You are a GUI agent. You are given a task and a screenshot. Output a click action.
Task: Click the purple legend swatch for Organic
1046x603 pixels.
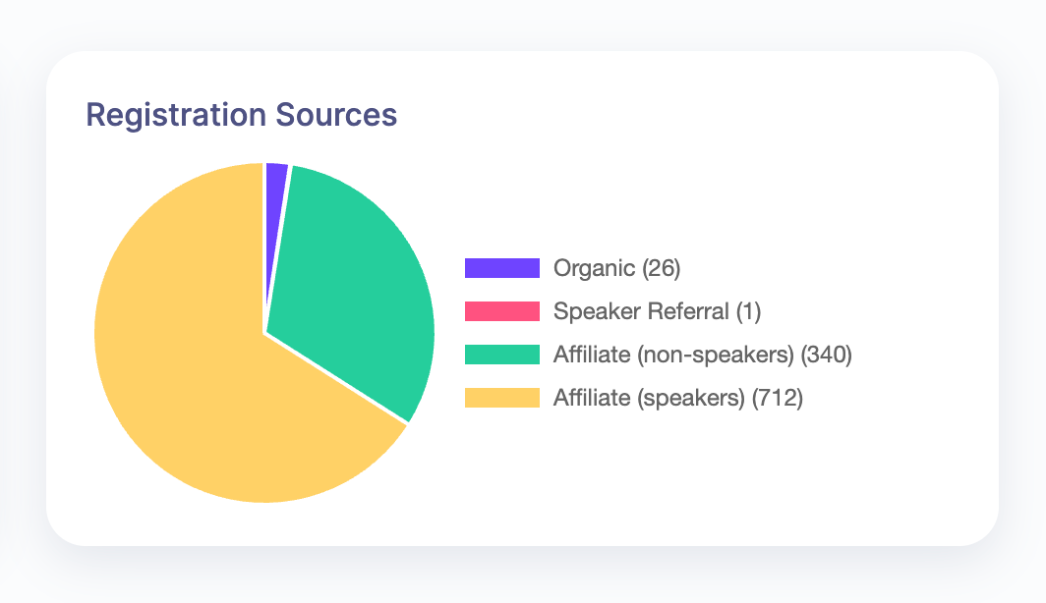click(502, 268)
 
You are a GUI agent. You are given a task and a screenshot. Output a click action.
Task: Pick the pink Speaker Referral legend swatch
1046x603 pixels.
click(502, 311)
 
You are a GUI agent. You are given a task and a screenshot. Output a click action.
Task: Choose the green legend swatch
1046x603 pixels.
click(502, 355)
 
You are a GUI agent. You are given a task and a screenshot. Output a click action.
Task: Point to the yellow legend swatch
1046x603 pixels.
click(502, 398)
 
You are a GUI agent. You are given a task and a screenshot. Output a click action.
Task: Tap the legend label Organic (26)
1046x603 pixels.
click(616, 268)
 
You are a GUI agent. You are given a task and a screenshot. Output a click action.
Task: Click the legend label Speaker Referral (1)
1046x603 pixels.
click(658, 311)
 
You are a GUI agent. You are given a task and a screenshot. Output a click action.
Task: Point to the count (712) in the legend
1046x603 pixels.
click(778, 398)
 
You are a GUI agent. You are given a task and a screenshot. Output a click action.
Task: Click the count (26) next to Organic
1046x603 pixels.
click(661, 268)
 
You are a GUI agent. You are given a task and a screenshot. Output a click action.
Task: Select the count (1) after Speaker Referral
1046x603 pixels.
click(749, 311)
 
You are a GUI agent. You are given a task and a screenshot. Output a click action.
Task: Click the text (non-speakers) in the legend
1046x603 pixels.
click(717, 355)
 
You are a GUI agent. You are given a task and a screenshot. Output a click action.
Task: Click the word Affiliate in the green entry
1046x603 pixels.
click(591, 355)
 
